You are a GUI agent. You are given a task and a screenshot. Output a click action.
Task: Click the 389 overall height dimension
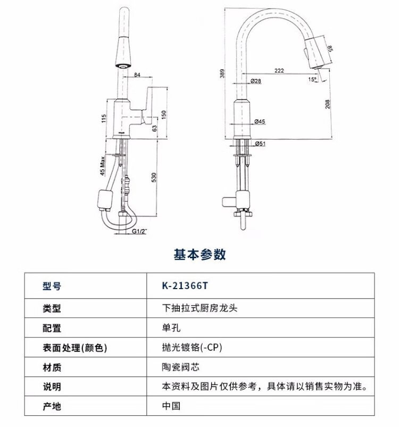pos(222,73)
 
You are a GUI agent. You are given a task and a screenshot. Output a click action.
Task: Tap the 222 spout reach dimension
pos(279,70)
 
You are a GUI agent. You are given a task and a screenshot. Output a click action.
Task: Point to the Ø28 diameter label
pos(255,81)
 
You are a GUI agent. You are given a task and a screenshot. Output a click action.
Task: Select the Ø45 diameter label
pos(260,121)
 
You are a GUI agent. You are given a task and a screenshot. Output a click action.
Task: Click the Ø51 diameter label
pos(260,144)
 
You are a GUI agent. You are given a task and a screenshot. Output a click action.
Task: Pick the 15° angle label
pos(312,79)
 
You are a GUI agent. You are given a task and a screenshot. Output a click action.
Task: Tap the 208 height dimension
pos(327,104)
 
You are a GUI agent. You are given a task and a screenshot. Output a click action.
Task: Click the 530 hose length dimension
pos(154,177)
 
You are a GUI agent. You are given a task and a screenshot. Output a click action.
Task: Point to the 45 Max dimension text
pos(102,166)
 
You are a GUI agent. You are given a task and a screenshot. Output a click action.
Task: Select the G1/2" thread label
pos(139,231)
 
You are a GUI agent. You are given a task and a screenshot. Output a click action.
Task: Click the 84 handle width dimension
pos(137,75)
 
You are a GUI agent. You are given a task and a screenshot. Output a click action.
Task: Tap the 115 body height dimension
pos(103,118)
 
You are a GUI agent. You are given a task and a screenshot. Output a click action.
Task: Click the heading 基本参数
pos(200,254)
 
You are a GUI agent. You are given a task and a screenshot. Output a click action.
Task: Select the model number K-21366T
pos(185,286)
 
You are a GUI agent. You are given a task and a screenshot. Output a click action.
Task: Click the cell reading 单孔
pos(171,327)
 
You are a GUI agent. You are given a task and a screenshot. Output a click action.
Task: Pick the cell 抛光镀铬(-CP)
pos(192,348)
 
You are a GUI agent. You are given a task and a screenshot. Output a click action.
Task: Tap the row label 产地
pos(52,406)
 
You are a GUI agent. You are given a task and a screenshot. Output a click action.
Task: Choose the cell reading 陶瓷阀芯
pos(181,367)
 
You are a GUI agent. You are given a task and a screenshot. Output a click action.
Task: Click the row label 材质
pos(52,367)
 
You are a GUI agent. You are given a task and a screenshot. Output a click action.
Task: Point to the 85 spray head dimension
pos(330,48)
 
